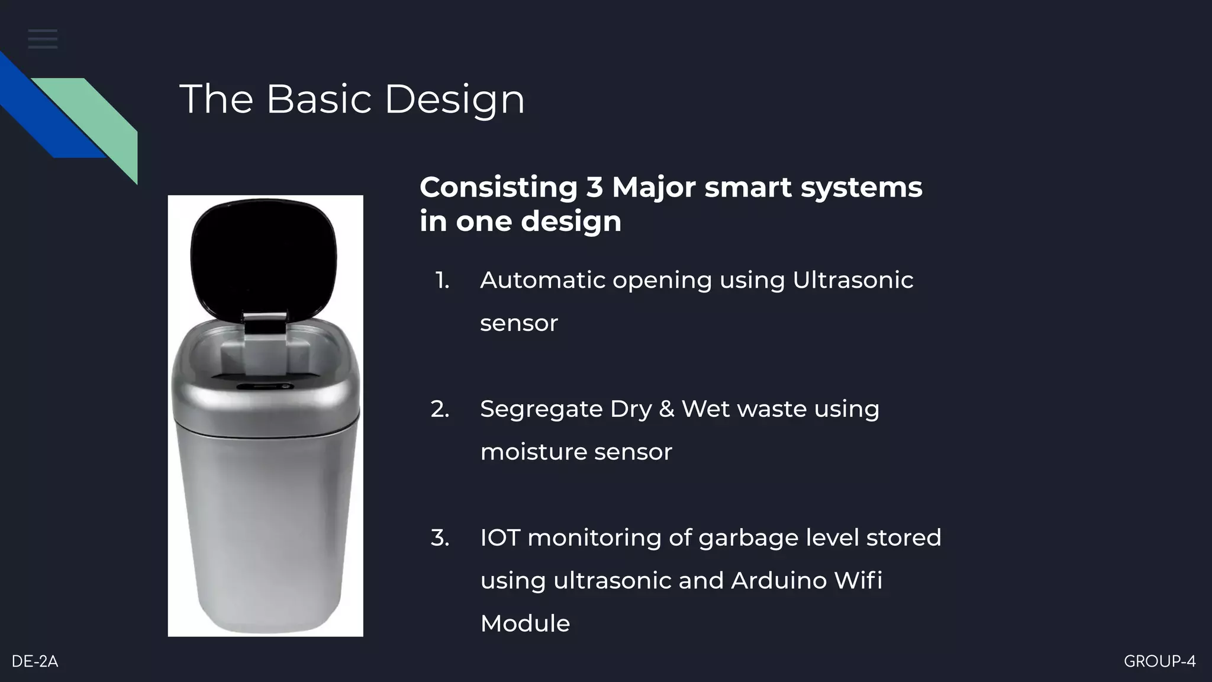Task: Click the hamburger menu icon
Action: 43,39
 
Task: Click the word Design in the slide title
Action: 454,99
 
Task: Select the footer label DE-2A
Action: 35,661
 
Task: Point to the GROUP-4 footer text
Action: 1159,661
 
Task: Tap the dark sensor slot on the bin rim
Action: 265,387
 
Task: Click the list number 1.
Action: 442,280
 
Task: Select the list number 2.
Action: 440,409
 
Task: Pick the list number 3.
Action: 440,538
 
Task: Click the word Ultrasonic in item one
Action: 852,280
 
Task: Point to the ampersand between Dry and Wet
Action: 666,409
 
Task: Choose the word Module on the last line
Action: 525,623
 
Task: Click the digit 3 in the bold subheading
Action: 594,188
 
